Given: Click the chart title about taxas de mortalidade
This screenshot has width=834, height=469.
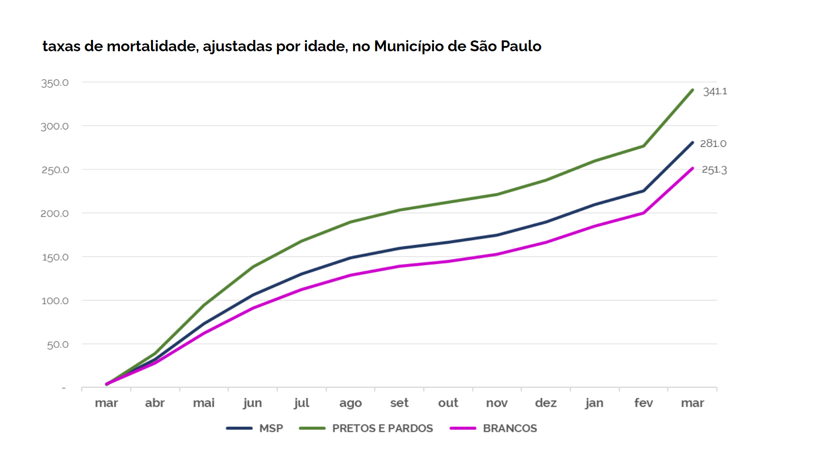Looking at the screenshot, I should (292, 46).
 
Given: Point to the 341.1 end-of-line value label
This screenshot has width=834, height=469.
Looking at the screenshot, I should (715, 92).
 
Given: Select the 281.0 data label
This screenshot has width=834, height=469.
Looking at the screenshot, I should (713, 143).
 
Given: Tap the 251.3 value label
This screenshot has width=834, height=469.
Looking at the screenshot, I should (714, 170).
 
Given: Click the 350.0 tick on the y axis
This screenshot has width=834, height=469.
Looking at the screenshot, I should (55, 83).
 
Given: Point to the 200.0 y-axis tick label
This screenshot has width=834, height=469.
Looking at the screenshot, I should (55, 214).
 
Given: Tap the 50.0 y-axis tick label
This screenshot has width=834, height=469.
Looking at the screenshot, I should (58, 345).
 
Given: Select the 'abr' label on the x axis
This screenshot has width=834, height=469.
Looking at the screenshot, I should (155, 403).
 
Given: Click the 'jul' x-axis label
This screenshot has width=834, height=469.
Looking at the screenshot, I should (301, 403).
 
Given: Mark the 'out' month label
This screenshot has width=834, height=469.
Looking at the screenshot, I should (448, 403).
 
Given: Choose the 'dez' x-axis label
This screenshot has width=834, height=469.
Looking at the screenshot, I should (546, 403).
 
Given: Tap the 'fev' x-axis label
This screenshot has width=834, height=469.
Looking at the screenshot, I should (643, 403).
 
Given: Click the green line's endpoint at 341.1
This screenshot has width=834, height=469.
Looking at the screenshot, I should (692, 90).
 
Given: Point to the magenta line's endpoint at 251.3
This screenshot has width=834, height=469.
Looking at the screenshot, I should (692, 168).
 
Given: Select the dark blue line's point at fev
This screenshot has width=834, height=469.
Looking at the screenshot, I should (643, 191).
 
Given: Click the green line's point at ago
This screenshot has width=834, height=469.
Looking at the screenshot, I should (351, 222).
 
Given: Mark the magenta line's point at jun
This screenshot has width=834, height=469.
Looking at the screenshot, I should (253, 308).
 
